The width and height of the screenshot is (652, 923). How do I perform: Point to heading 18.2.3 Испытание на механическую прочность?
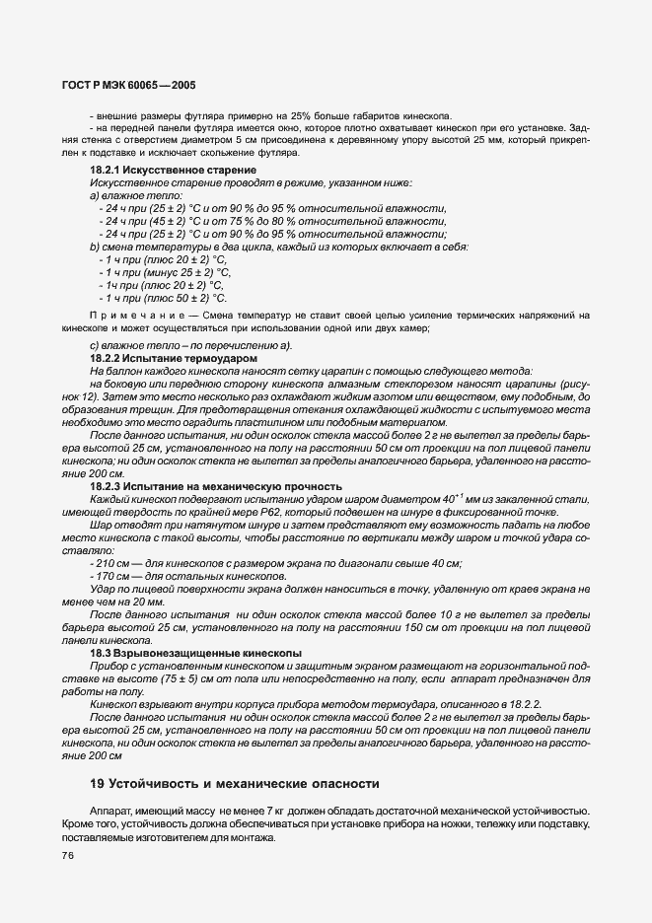click(x=216, y=486)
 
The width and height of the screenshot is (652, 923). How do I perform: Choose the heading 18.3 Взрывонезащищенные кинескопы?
click(x=195, y=653)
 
